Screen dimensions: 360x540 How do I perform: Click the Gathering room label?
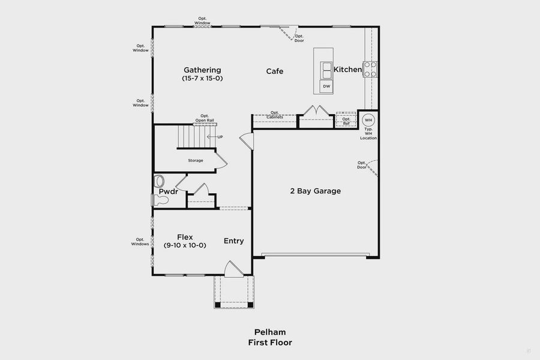(x=202, y=70)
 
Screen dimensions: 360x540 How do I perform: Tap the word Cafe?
(x=275, y=71)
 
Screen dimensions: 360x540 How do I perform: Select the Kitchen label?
(x=347, y=70)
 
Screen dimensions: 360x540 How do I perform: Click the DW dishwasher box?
(x=326, y=86)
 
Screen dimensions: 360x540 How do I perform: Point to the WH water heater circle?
(x=368, y=119)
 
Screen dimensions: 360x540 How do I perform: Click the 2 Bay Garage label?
(x=316, y=191)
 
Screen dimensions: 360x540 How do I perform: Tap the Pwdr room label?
(x=169, y=191)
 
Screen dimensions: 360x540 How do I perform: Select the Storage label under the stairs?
(x=196, y=160)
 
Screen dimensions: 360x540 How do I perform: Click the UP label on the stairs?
(x=220, y=137)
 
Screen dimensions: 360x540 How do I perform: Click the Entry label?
(x=234, y=241)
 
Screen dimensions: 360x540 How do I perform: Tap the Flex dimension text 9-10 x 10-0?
(x=185, y=245)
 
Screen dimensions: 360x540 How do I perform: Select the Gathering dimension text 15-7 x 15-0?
(x=202, y=78)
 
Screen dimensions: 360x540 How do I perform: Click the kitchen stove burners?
(x=370, y=70)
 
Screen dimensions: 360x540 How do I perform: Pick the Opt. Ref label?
(x=346, y=121)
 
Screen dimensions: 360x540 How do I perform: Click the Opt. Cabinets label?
(x=275, y=115)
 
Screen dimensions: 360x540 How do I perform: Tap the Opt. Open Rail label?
(x=205, y=118)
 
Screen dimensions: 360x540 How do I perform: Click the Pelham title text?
(x=269, y=332)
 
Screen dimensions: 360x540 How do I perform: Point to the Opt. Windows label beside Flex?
(x=140, y=242)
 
